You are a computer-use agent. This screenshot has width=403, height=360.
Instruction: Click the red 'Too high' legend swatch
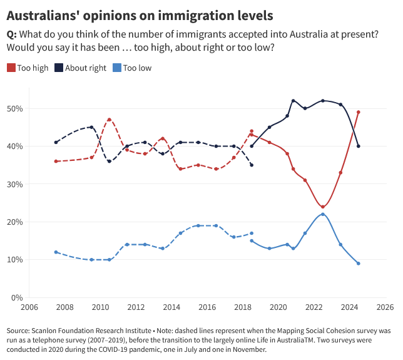pos(11,68)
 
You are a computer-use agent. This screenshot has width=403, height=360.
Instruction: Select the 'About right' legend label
pos(86,68)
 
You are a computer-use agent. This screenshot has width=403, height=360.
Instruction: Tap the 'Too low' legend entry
pos(137,68)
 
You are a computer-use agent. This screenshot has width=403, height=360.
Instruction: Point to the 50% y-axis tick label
pos(15,108)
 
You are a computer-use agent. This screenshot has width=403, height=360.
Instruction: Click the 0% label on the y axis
pos(18,297)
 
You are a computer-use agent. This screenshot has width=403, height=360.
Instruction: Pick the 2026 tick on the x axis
pos(385,307)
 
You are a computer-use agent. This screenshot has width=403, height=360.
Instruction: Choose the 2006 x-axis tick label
pos(29,307)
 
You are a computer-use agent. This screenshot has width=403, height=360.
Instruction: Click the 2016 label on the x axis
pos(207,307)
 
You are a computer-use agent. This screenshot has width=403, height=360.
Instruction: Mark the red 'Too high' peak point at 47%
pos(110,120)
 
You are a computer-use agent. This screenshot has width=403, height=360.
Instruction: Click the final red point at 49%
pos(359,112)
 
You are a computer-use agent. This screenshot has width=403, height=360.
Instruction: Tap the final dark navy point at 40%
pos(359,146)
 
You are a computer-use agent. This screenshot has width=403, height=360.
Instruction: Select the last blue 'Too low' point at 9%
pos(359,264)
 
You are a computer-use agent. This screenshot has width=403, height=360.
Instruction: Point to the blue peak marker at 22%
pos(323,214)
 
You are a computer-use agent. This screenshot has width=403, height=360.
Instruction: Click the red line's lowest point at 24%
pos(323,207)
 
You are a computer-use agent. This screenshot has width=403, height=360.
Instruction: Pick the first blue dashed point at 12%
pos(56,252)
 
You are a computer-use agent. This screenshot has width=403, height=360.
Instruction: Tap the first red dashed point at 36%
pos(56,161)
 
